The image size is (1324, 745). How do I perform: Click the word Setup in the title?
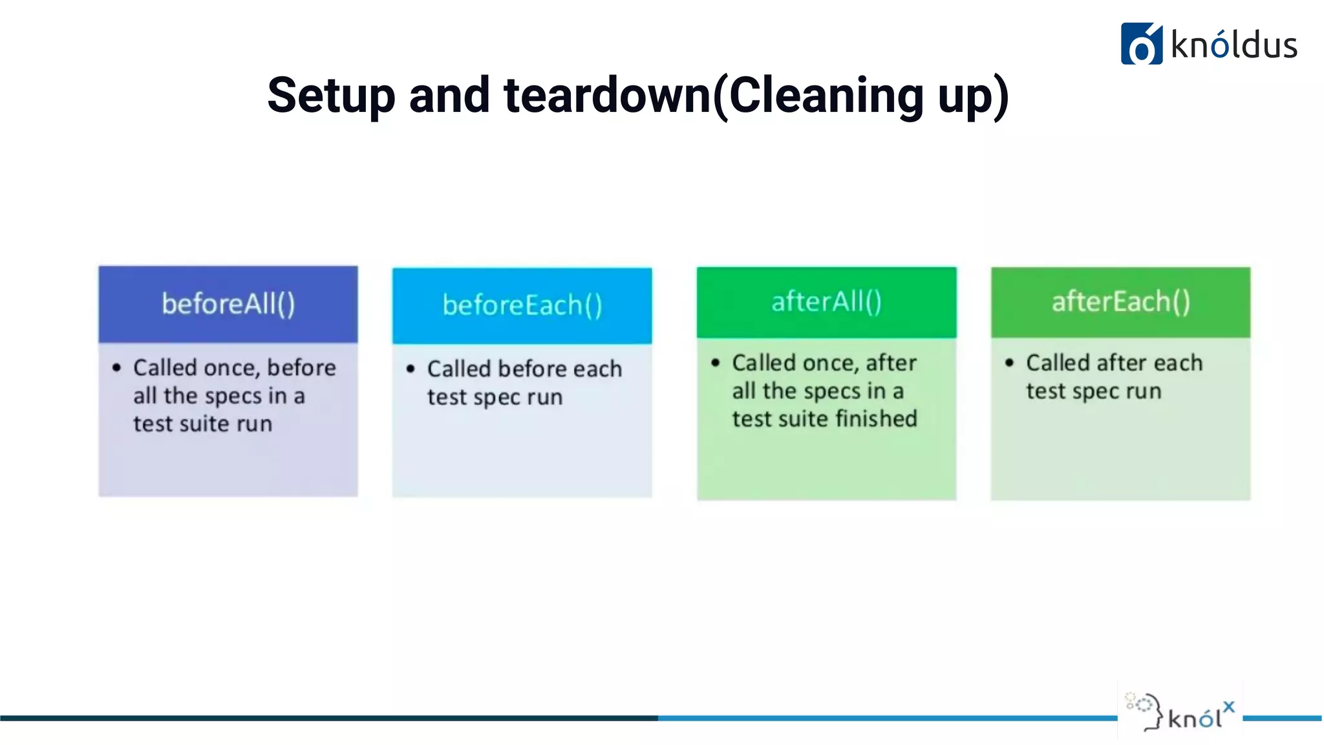[x=330, y=96]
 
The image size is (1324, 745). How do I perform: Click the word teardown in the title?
[x=607, y=96]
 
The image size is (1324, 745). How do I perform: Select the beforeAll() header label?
[x=228, y=304]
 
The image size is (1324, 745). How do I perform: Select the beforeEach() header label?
[x=522, y=305]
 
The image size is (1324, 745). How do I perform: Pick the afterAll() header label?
[x=826, y=301]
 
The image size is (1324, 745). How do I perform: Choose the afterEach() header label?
[x=1120, y=301]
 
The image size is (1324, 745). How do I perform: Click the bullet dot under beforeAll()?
[x=116, y=368]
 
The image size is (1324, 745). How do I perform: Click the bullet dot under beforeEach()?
[x=411, y=369]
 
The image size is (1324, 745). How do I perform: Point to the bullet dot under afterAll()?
[x=715, y=363]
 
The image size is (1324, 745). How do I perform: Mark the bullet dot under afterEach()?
[x=1009, y=363]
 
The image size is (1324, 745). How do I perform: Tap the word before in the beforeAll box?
[x=301, y=367]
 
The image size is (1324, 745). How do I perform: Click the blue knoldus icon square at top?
[x=1141, y=44]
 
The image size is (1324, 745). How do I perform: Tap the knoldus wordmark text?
[x=1234, y=45]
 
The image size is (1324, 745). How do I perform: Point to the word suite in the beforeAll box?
[x=204, y=424]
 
